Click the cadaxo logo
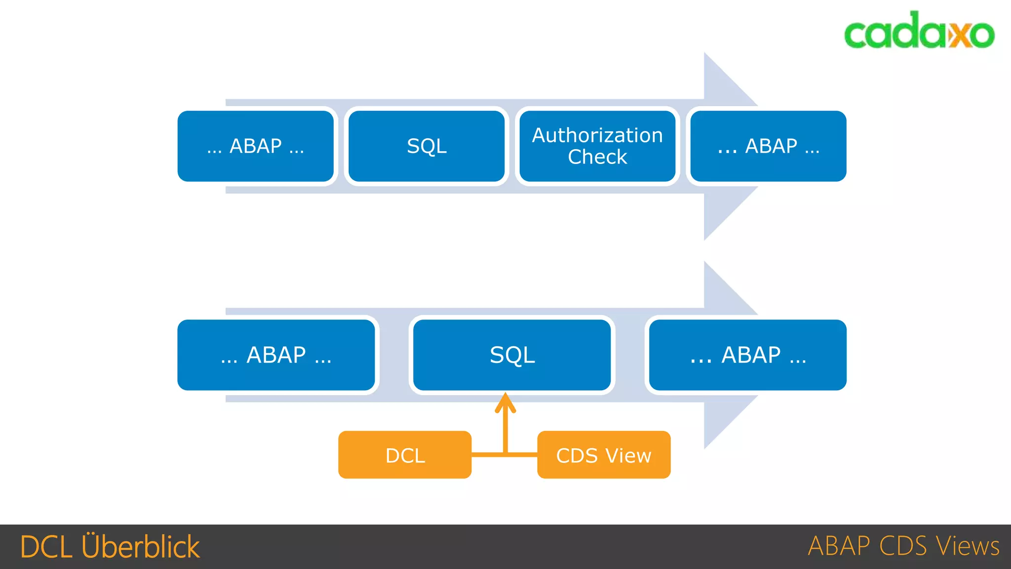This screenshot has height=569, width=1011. [919, 31]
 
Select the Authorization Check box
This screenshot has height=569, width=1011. [597, 146]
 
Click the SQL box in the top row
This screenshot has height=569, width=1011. [427, 146]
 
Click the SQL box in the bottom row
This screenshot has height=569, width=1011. [512, 355]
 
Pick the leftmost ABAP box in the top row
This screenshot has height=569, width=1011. [256, 146]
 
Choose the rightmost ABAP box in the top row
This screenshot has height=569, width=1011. [768, 146]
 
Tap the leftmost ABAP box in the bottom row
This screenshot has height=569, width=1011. [276, 355]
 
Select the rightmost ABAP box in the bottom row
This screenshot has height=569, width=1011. [747, 355]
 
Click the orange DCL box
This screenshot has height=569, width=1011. [405, 455]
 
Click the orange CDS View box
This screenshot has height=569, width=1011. [604, 455]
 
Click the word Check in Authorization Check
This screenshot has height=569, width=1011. [597, 157]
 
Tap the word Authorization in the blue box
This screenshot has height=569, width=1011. [597, 135]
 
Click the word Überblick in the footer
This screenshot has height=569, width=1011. [141, 547]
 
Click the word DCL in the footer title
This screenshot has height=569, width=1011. [46, 547]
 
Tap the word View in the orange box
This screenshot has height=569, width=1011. [628, 455]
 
